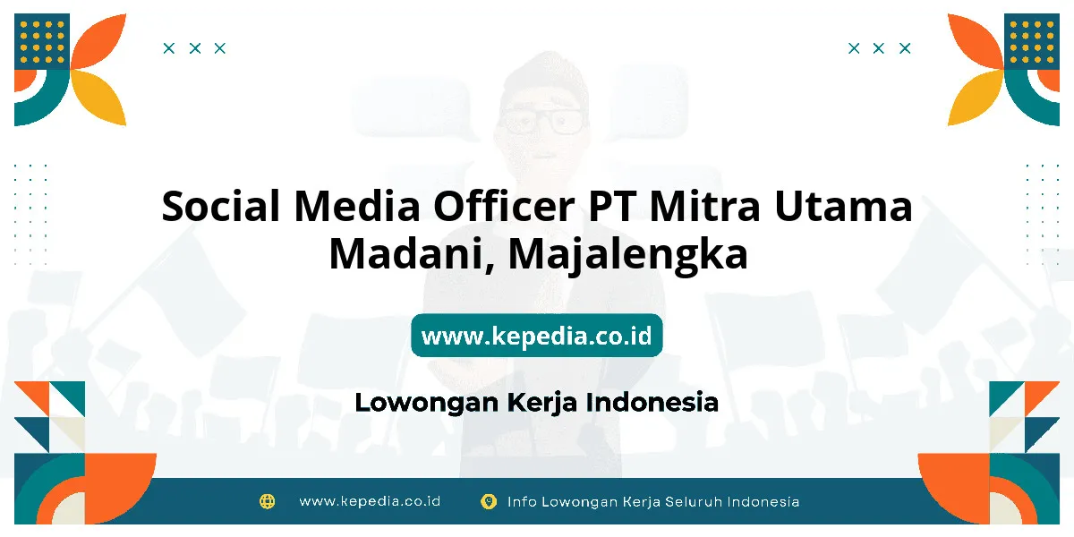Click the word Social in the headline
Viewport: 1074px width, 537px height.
click(x=220, y=206)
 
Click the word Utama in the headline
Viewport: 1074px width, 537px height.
click(x=843, y=206)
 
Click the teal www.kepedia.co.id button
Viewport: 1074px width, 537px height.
click(x=536, y=335)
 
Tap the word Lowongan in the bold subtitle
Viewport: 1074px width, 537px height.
click(x=427, y=403)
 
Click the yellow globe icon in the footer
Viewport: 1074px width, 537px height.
click(x=267, y=501)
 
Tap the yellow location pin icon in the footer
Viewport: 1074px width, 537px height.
click(x=489, y=501)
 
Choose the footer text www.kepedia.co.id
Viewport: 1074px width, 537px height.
click(x=370, y=501)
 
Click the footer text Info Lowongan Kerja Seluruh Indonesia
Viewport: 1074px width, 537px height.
click(x=653, y=501)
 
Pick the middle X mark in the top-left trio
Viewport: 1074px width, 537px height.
click(x=195, y=48)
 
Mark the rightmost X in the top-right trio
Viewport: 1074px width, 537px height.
click(x=905, y=48)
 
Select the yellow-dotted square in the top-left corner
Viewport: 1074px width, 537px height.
click(x=42, y=41)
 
